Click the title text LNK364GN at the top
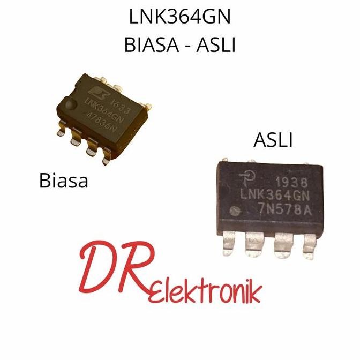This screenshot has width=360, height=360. (x=179, y=17)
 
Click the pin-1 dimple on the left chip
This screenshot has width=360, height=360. (x=70, y=103)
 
